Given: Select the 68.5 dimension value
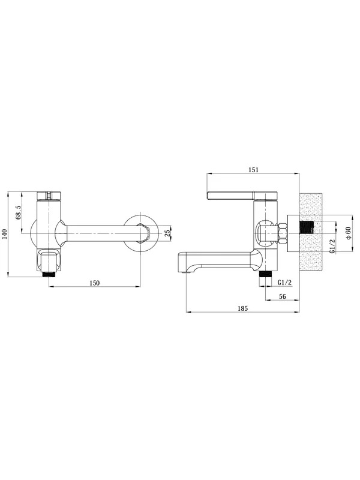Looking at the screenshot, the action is coord(19,212).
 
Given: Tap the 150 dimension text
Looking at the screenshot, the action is coord(95,283).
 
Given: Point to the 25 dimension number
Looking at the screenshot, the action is coord(167,233).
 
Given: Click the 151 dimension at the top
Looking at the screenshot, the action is coord(253,170).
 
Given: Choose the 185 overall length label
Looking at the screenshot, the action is coord(243,308).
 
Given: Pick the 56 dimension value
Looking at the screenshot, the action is coord(283,296).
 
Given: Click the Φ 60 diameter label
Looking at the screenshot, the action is coord(348,233).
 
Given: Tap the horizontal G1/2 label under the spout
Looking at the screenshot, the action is coord(285,283).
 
